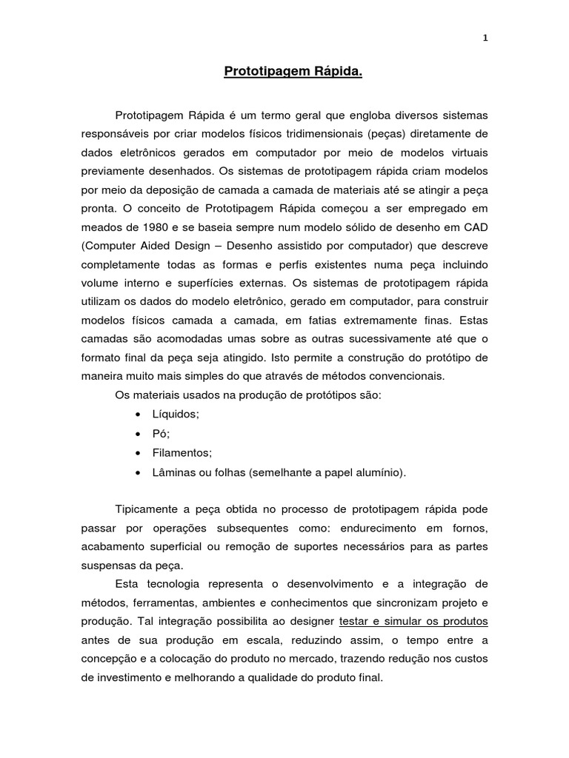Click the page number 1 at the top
tap(485, 39)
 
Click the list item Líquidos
tap(176, 415)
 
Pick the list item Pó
tap(161, 434)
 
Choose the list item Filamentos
tap(182, 452)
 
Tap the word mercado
tap(345, 658)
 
